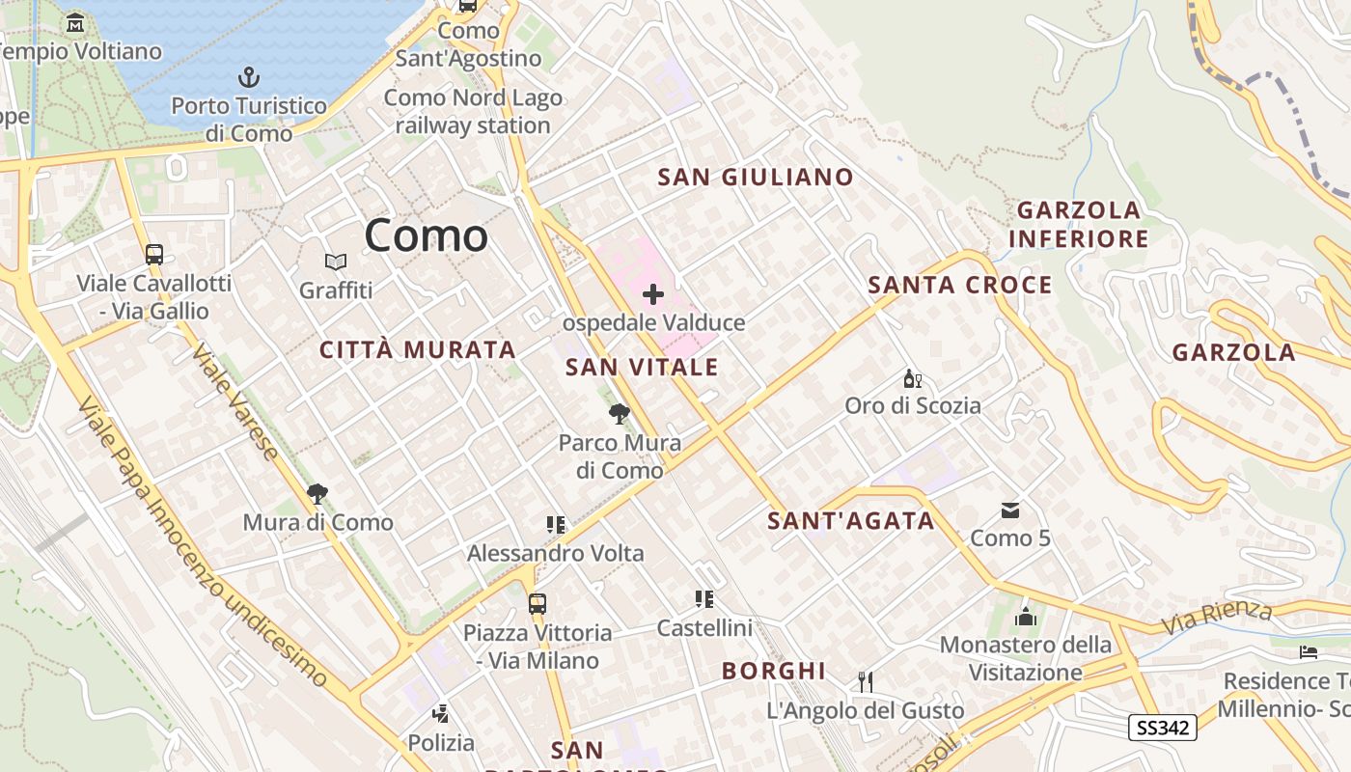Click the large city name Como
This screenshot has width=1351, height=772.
tap(426, 236)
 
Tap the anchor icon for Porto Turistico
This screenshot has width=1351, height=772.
tap(249, 76)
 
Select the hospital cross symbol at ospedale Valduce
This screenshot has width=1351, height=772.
tap(653, 293)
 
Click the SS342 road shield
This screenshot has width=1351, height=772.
tap(1163, 728)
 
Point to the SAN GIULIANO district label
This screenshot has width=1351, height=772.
tap(756, 178)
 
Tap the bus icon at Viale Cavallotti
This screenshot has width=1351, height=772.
tap(154, 255)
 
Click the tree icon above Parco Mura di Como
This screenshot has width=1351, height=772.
tap(620, 415)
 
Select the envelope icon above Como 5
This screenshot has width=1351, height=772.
tap(1010, 510)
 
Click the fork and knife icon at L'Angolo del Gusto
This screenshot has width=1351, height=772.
tap(865, 682)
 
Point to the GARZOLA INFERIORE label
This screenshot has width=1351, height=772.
tap(1079, 224)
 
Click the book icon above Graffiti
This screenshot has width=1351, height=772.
tap(336, 262)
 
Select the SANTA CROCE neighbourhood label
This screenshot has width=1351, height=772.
tap(960, 286)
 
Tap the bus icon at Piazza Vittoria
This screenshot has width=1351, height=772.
tap(538, 604)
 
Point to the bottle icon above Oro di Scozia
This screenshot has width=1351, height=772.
tap(912, 378)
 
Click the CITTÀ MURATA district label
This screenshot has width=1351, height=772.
tap(418, 350)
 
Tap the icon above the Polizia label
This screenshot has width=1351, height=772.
tap(441, 715)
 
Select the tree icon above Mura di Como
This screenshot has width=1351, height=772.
tap(317, 494)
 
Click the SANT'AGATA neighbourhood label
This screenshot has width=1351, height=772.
tap(851, 521)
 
